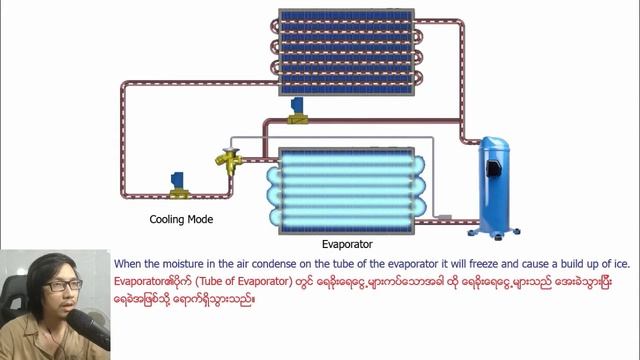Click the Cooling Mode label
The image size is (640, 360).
[181, 220]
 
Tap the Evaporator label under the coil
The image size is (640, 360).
[347, 244]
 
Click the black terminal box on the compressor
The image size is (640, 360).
[494, 168]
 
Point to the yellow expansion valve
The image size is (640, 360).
[230, 161]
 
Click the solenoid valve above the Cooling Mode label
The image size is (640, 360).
[179, 186]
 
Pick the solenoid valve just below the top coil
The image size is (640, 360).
[298, 111]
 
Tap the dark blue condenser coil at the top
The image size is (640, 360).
[347, 52]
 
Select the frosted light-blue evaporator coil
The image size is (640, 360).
[347, 191]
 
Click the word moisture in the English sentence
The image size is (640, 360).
[182, 264]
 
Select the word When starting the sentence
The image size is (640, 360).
[125, 264]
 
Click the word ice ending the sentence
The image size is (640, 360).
[623, 264]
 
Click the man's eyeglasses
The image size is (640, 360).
[62, 285]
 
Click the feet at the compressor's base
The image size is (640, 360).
[494, 234]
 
